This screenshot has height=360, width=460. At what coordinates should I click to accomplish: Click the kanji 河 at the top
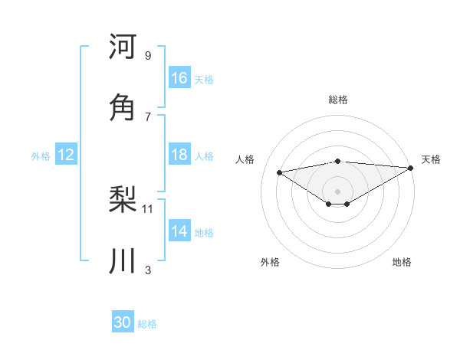click(123, 47)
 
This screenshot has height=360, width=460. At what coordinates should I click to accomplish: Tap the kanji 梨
click(123, 201)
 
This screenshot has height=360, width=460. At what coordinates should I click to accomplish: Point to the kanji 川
click(123, 260)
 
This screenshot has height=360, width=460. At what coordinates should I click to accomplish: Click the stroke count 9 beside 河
click(148, 56)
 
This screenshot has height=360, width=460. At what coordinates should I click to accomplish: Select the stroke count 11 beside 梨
click(148, 208)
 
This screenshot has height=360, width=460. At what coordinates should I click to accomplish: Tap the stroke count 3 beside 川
click(148, 269)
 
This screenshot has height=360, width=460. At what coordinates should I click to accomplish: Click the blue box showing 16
click(179, 78)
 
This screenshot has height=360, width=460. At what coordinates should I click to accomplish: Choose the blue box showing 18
click(179, 155)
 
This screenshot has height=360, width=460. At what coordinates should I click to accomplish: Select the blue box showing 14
click(179, 231)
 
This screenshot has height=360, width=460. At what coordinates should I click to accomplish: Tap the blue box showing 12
click(66, 155)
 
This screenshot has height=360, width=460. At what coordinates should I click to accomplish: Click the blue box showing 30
click(123, 322)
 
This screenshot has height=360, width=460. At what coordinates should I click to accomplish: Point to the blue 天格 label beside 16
click(204, 80)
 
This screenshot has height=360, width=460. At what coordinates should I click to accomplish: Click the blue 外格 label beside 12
click(41, 156)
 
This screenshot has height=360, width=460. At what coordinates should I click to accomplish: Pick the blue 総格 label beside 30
click(147, 324)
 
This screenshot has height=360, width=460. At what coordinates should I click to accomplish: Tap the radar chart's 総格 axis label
click(337, 100)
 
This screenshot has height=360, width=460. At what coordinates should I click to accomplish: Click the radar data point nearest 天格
click(411, 169)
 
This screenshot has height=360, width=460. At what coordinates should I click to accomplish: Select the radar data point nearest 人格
click(279, 172)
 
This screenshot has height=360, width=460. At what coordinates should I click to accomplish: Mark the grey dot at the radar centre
click(337, 191)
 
